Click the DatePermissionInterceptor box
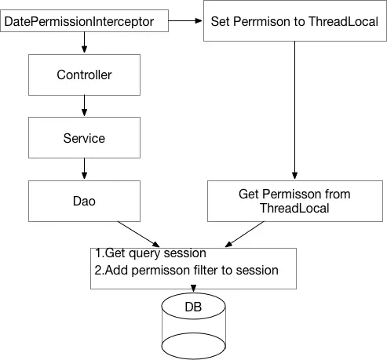click(x=85, y=20)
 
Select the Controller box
click(x=84, y=75)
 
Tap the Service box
click(x=84, y=138)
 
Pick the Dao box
click(x=84, y=201)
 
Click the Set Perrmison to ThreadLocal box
click(x=294, y=20)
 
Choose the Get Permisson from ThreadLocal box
click(x=294, y=201)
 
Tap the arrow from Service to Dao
click(x=84, y=169)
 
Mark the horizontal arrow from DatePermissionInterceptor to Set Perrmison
click(x=187, y=20)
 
